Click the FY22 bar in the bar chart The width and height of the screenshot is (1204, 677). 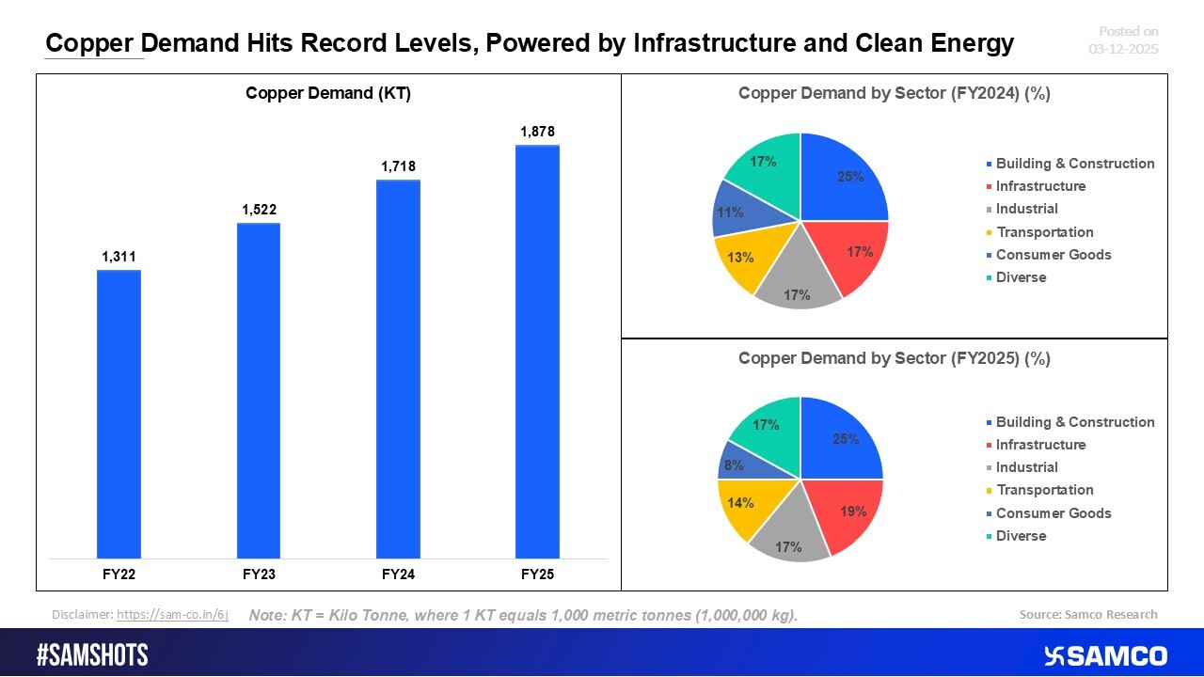coord(119,414)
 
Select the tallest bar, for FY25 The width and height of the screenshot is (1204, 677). coord(537,352)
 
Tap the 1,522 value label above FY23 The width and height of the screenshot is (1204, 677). coord(258,209)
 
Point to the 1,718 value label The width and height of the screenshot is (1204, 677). coord(398,166)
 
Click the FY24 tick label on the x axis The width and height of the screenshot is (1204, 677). coord(398,573)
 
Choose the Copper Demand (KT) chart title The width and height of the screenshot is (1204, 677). coord(328,93)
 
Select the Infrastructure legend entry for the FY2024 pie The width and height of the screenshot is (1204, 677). coord(1040,186)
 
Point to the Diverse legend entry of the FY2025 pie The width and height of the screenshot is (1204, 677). coord(1021,536)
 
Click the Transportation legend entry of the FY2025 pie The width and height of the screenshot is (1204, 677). coord(1044,490)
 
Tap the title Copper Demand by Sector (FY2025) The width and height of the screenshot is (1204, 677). coord(894,358)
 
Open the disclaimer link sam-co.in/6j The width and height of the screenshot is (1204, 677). coord(172,615)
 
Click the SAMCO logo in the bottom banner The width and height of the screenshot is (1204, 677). coord(1105,655)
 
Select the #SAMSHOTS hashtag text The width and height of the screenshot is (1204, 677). coord(92,655)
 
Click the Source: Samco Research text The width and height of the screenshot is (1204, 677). coord(1088,615)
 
